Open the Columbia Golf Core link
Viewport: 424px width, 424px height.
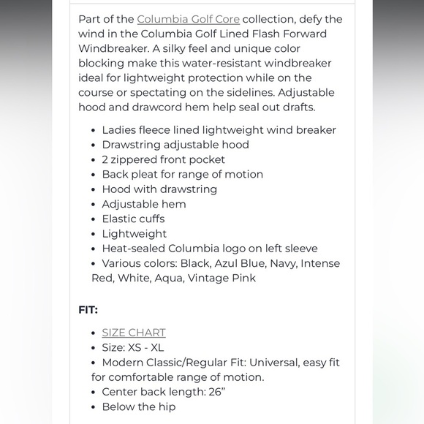pyautogui.click(x=188, y=19)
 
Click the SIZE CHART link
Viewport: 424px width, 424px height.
pyautogui.click(x=134, y=333)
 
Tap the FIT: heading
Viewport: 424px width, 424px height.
pyautogui.click(x=88, y=309)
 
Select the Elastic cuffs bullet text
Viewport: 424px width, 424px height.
pyautogui.click(x=133, y=219)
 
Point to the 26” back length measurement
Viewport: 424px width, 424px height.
pyautogui.click(x=217, y=392)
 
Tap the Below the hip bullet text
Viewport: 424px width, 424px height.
pyautogui.click(x=139, y=406)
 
